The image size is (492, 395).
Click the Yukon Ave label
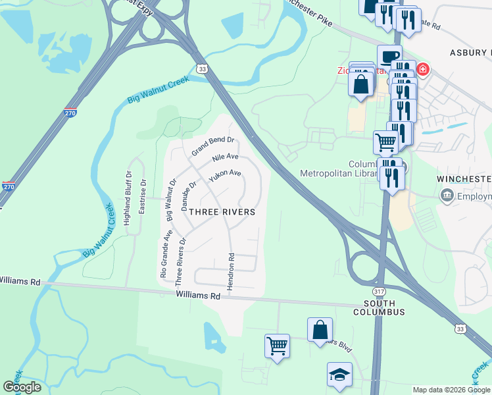point(225,176)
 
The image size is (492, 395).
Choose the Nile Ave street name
point(225,158)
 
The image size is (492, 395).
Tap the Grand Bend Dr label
point(213,145)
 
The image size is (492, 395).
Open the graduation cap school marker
point(339,376)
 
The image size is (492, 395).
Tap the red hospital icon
point(422,69)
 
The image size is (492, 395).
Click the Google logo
point(22,386)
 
